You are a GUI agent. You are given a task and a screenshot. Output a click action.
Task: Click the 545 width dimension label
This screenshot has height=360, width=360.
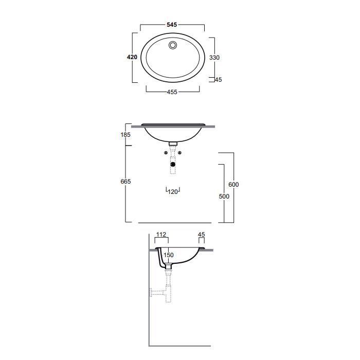[x=172, y=25]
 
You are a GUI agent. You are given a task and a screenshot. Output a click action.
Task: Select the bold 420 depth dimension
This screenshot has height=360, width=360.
[x=132, y=57]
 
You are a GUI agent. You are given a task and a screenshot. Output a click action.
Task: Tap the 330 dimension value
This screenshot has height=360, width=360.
[x=214, y=58]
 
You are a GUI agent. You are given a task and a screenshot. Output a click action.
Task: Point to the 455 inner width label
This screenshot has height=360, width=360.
[x=172, y=92]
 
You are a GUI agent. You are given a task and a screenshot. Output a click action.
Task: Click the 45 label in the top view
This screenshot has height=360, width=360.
[x=219, y=80]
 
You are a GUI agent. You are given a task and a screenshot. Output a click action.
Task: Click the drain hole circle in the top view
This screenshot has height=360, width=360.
[x=173, y=45]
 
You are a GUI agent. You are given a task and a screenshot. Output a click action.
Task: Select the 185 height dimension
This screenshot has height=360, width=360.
[x=125, y=135]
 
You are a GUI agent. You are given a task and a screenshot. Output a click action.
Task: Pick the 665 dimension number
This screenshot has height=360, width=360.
[x=125, y=182]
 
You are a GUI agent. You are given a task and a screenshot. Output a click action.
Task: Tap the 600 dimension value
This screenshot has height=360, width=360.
[x=233, y=184]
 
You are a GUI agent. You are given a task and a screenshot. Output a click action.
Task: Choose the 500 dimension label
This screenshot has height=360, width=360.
[x=224, y=196]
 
